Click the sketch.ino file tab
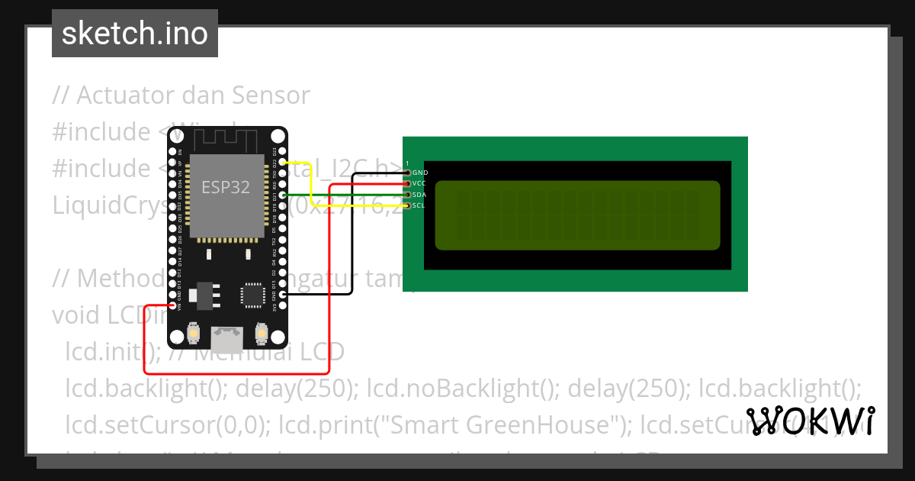coord(135,34)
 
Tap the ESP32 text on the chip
coord(225,187)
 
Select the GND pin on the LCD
coord(407,173)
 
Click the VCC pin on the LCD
coord(407,184)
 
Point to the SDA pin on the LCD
coord(407,195)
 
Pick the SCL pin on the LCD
coord(407,205)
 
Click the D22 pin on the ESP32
coord(283,163)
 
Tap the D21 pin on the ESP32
coord(283,196)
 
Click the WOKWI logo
coord(811,421)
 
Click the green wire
coord(343,195)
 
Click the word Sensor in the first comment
coord(271,96)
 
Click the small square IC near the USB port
coord(252,295)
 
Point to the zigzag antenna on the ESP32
coord(226,140)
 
